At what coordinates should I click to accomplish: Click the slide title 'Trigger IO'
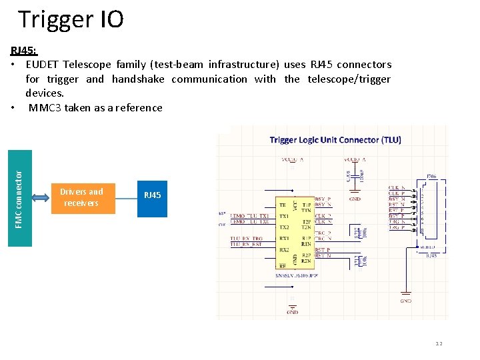[71, 19]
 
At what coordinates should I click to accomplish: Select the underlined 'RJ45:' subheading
[24, 51]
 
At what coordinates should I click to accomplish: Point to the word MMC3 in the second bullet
[45, 107]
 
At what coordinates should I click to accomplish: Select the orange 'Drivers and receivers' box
[81, 198]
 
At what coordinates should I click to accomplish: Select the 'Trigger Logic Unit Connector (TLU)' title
[335, 140]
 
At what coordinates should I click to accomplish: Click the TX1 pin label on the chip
[284, 216]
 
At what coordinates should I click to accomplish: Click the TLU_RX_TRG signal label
[247, 238]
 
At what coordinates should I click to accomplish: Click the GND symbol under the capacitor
[355, 198]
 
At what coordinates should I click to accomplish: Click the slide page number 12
[439, 343]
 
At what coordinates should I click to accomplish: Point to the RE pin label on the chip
[283, 265]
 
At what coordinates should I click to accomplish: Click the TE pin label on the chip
[283, 205]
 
